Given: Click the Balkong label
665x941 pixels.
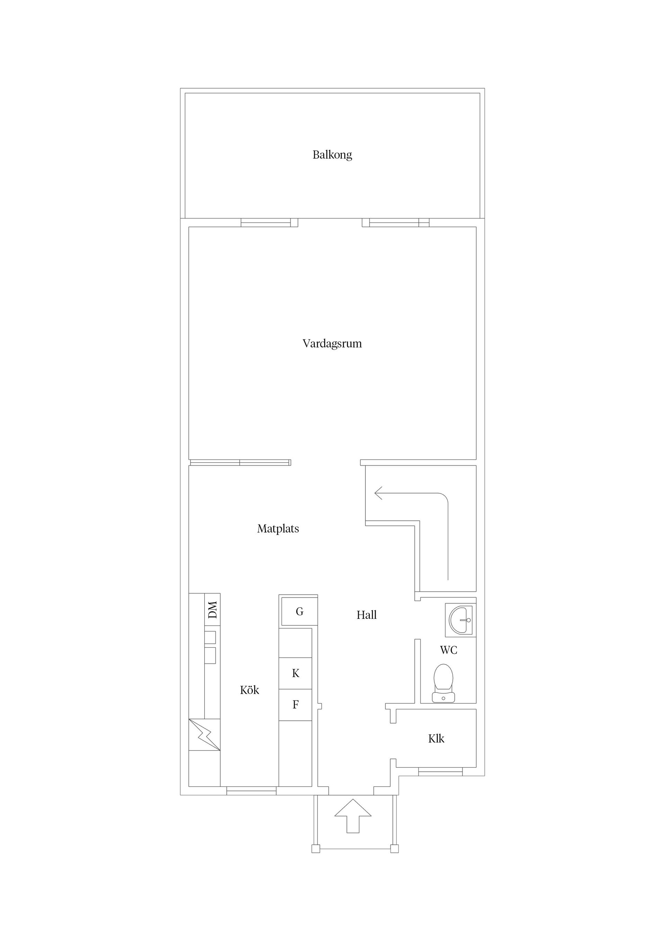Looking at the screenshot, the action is (332, 155).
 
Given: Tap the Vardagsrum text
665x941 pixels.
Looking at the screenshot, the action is (332, 343).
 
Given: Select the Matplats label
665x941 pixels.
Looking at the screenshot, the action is (278, 529).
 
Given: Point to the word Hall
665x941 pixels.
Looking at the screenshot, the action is (367, 615).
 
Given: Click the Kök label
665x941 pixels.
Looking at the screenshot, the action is (249, 690).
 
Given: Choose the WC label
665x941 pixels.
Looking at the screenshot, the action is (449, 650).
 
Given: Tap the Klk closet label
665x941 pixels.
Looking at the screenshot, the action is (436, 739).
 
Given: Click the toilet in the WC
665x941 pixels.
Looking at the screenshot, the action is (443, 683).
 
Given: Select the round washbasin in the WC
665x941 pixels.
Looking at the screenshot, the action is (461, 621).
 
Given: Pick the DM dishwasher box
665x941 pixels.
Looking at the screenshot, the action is (212, 609).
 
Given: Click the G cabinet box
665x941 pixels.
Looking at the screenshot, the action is (300, 612).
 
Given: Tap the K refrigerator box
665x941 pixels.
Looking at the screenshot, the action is (295, 674).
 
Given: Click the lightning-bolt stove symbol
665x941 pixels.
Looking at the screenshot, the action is (204, 735).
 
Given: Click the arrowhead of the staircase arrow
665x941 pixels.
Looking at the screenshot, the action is (378, 493).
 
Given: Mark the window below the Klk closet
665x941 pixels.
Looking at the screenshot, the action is (441, 771).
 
